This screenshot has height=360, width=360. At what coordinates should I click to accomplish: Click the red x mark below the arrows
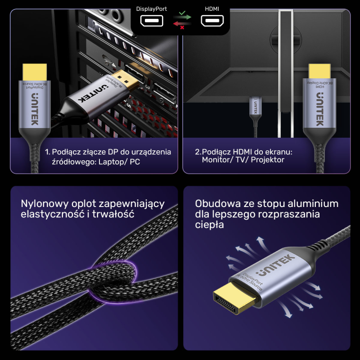click(182, 27)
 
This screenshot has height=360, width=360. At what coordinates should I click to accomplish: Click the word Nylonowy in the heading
click(41, 204)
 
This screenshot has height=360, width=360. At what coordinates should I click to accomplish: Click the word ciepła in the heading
click(209, 225)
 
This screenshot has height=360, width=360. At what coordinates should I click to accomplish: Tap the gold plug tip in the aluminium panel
click(229, 301)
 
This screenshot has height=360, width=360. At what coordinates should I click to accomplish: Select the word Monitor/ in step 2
click(218, 160)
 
